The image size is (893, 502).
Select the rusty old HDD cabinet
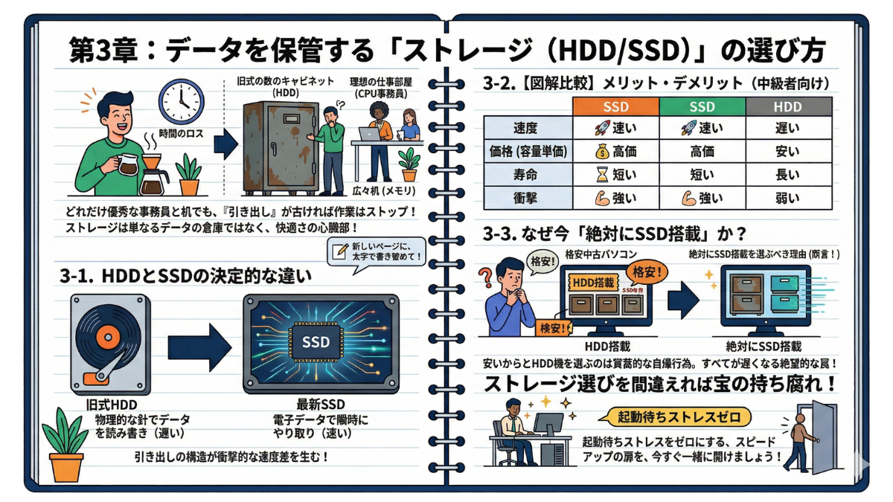275,146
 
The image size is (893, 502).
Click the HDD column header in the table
787,106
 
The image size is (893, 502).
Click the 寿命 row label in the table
526,175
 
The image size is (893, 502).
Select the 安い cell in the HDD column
787,152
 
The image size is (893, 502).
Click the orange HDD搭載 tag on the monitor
595,283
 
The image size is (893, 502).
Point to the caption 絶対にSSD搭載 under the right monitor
764,346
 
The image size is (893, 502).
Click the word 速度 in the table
526,129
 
